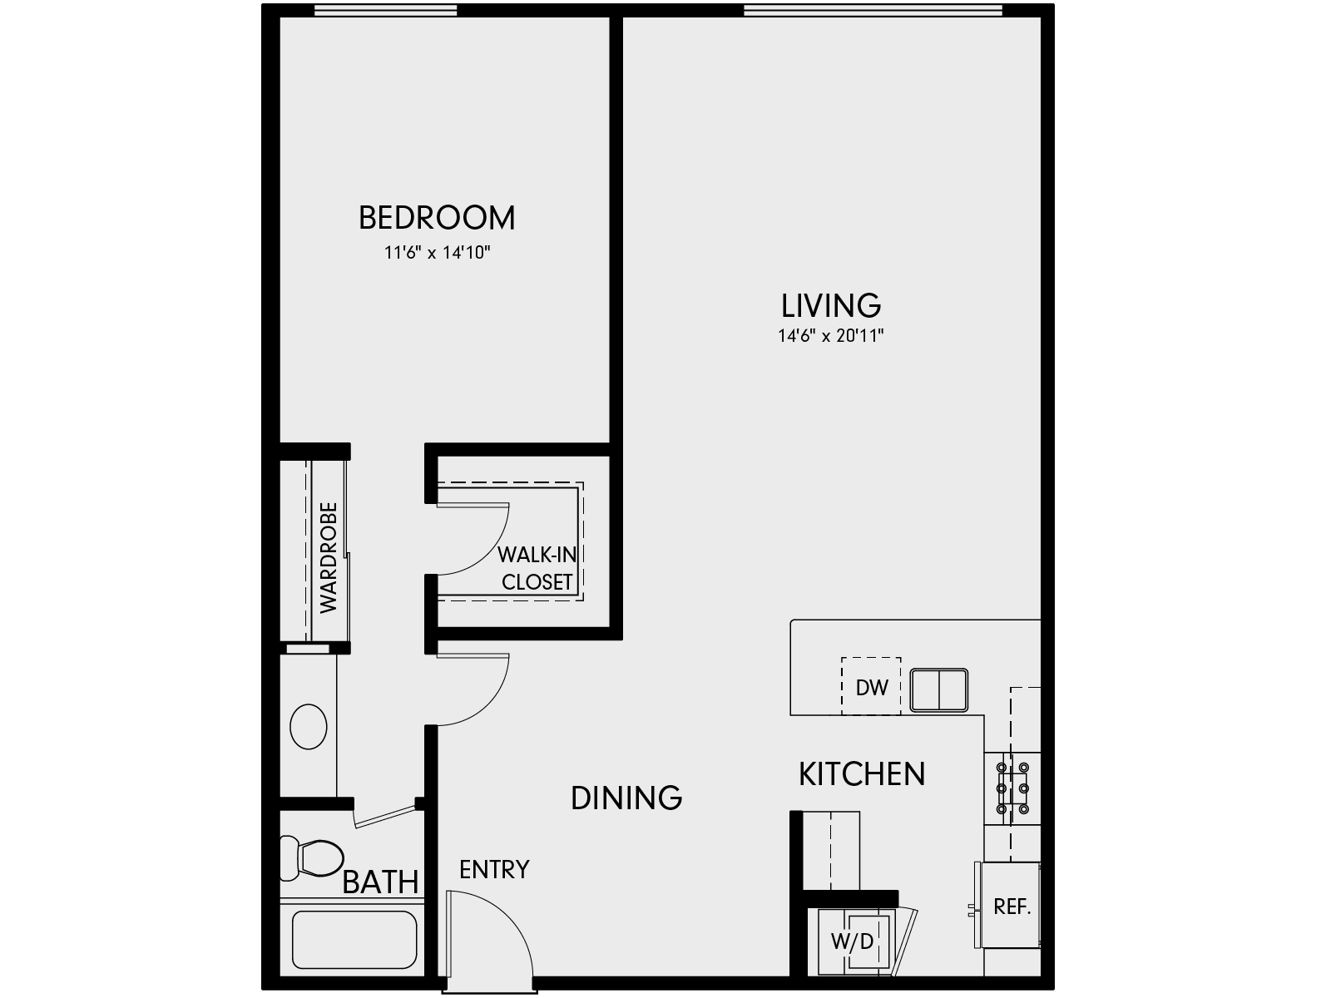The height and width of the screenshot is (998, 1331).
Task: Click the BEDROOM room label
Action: point(437,218)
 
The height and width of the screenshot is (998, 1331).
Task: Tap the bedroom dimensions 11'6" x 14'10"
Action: point(437,253)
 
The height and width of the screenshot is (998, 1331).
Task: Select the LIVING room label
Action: point(830,305)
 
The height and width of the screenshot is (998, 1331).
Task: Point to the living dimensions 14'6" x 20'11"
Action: point(830,337)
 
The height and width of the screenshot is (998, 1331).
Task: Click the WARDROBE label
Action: point(329,557)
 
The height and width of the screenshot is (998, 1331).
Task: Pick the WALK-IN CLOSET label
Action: point(537,569)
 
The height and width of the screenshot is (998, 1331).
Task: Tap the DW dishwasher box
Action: point(871,687)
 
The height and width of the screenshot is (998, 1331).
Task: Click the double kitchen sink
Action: point(939,689)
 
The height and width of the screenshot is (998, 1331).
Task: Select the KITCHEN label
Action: point(862,774)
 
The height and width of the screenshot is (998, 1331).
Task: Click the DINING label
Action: point(626,798)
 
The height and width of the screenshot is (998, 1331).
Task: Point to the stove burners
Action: point(1012,788)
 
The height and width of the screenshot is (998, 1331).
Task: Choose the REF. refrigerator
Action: point(1012,906)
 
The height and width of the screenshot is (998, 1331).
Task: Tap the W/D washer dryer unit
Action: point(854,941)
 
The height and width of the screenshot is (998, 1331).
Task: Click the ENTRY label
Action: point(494,870)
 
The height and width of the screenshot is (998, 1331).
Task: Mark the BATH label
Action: point(380,882)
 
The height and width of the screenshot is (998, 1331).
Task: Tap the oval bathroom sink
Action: point(309,726)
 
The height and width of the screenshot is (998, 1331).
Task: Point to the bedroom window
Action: point(385,10)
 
